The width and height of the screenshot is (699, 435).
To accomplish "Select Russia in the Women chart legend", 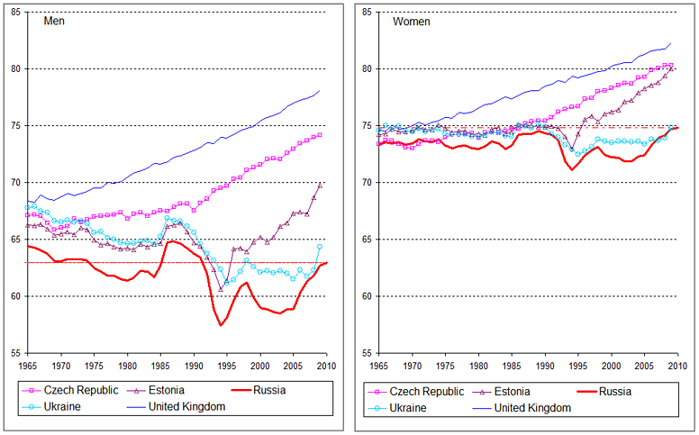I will (x=614, y=392).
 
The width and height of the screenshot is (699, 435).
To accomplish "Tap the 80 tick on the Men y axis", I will (x=18, y=69).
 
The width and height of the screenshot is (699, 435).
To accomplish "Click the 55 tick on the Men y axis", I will (x=18, y=353).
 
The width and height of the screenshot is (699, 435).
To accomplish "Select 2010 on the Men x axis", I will (x=326, y=365).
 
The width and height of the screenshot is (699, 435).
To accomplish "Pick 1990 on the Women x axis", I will (x=545, y=365).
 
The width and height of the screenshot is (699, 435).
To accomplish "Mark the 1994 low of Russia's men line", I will (x=221, y=325).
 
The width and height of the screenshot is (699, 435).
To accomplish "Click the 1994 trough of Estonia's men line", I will (x=221, y=289).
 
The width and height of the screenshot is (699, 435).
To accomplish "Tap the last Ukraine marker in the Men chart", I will (x=319, y=246).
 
